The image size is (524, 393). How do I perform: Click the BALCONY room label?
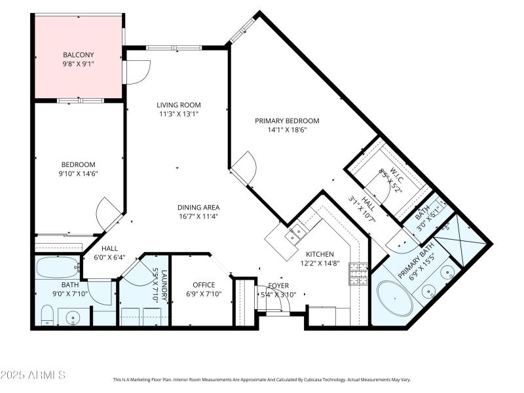coord(79,54)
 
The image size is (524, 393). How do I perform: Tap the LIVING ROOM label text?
coord(178,105)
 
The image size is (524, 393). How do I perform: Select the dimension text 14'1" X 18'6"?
coord(286,130)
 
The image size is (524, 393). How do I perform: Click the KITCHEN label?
coord(320,254)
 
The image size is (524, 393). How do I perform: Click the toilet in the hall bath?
coord(45,318)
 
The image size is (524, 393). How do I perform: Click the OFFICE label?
coord(204,285)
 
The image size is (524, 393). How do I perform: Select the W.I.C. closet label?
coord(396,173)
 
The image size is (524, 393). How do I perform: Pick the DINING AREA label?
coord(198,208)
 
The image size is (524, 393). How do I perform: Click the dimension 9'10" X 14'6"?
coord(79,174)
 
